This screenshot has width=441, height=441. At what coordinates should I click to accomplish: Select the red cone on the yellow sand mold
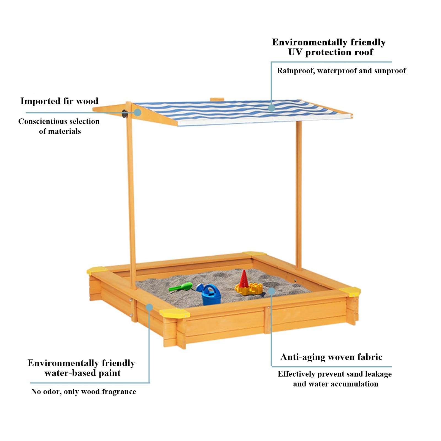pos(244,279)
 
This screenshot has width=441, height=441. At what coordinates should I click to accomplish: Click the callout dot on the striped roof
pos(272,108)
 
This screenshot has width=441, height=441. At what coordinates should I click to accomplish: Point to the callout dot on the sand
pos(272,291)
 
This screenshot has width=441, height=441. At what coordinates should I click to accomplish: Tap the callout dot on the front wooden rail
pos(149,307)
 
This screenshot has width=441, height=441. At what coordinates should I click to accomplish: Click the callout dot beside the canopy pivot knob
pos(138,112)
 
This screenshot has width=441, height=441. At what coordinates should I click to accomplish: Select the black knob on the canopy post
pos(125,113)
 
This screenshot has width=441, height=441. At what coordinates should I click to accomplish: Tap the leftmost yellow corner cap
pos(97,270)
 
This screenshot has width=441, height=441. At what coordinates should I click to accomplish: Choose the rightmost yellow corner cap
pos(350,291)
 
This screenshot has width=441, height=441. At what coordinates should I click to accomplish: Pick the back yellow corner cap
pos(255,253)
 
